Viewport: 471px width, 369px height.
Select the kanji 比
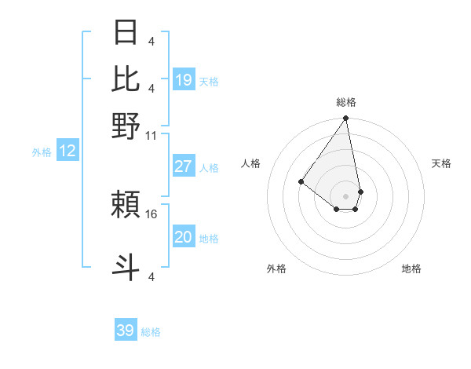(x=126, y=79)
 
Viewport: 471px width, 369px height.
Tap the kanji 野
(x=126, y=126)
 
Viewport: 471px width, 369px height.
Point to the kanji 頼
(x=126, y=205)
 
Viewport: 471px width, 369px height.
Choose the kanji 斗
(x=126, y=266)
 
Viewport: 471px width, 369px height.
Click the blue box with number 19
(x=184, y=79)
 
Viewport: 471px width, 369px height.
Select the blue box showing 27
(x=184, y=166)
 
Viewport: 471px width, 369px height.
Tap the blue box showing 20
(x=184, y=237)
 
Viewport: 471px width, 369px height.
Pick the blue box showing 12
(x=68, y=151)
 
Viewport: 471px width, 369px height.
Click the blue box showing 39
(x=126, y=331)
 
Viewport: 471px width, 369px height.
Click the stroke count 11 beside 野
(x=152, y=135)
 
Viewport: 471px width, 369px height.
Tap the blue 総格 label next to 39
(x=152, y=332)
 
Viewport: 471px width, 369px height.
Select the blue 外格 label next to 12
(x=42, y=152)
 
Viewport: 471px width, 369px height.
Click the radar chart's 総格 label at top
(x=346, y=102)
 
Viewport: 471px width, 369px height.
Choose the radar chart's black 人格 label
(x=251, y=163)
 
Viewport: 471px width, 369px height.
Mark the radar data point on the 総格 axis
(x=345, y=119)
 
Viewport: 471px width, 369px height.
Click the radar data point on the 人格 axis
(x=301, y=181)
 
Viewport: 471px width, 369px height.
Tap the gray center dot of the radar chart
(x=345, y=195)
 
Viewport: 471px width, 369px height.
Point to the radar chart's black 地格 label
(x=411, y=269)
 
